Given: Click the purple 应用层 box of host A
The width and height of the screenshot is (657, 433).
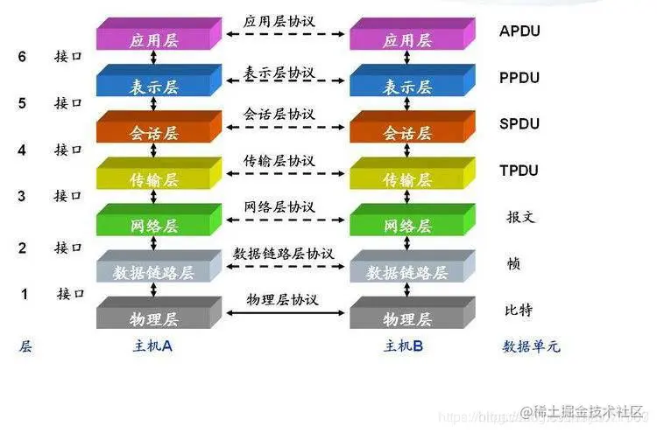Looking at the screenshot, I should click(153, 39).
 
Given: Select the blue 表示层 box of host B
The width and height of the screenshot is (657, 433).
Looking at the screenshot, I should click(406, 86).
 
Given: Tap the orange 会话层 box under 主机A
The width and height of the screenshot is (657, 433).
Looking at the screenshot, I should click(153, 132).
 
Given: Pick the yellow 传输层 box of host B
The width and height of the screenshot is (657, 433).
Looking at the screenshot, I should click(406, 178).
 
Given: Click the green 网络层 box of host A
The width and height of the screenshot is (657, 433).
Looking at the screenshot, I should click(153, 225).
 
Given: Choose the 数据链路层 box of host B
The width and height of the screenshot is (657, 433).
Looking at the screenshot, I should click(406, 271).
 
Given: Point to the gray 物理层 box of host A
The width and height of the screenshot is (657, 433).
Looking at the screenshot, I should click(153, 317).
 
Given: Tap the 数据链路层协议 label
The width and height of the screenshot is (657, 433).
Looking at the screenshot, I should click(283, 253).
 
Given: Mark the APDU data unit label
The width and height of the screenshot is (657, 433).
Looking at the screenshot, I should click(519, 31).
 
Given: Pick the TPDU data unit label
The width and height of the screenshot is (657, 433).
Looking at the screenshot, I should click(519, 170).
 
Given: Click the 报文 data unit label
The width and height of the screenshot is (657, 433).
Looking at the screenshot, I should click(520, 216).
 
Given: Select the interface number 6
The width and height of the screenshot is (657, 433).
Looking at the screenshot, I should click(23, 57).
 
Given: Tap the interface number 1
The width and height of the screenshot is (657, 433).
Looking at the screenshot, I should click(25, 294).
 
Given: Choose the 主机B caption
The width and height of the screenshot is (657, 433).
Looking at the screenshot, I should click(404, 346).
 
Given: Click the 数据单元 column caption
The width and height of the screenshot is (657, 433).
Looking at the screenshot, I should click(531, 346).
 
